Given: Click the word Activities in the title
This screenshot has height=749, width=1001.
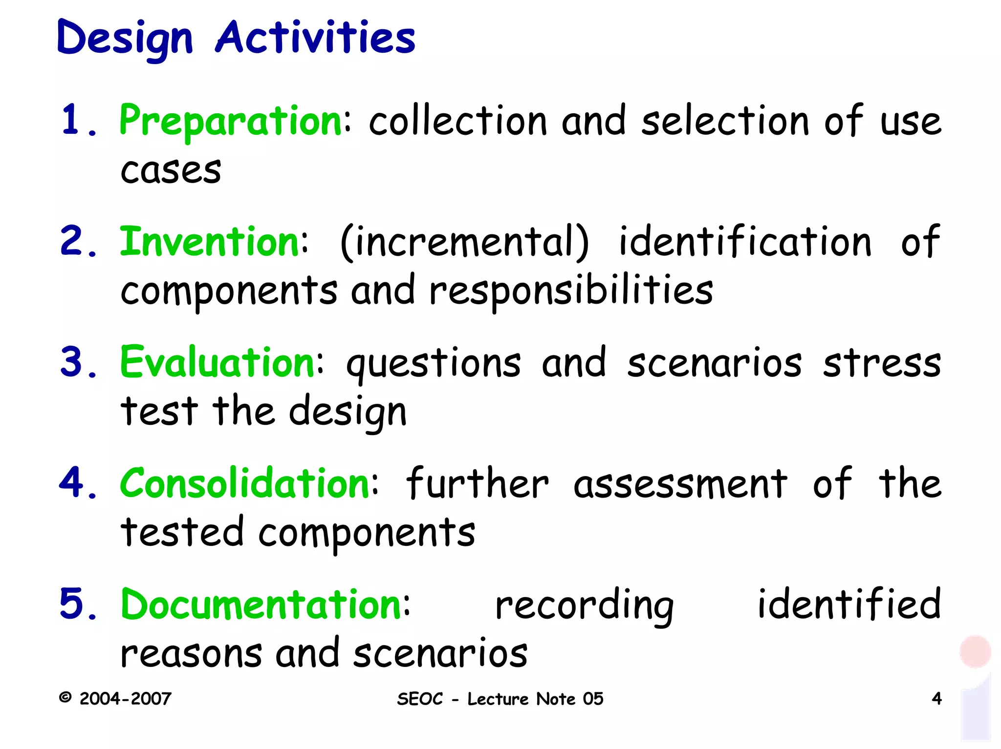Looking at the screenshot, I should pos(315,38).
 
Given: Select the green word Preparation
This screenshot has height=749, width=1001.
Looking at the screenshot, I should pos(231,121).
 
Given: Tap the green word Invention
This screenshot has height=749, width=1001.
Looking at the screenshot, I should pos(209,241).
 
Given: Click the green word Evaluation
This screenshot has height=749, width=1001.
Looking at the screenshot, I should pos(218,362).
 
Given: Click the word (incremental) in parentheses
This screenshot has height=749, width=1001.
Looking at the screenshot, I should pos(464,242).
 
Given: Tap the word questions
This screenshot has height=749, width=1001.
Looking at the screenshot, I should pos(434,364).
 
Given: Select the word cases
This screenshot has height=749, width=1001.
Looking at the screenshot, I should pos(171,171).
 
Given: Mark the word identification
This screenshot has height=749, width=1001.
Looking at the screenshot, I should pos(745,241).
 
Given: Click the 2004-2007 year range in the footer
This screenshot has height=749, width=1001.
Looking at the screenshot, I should pos(125,699).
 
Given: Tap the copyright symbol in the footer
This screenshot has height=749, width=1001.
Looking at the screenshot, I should pos(65,697).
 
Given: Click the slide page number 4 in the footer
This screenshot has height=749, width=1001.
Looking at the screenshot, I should pos(936,699).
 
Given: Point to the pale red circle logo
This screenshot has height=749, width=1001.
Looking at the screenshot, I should pos(975,651).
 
